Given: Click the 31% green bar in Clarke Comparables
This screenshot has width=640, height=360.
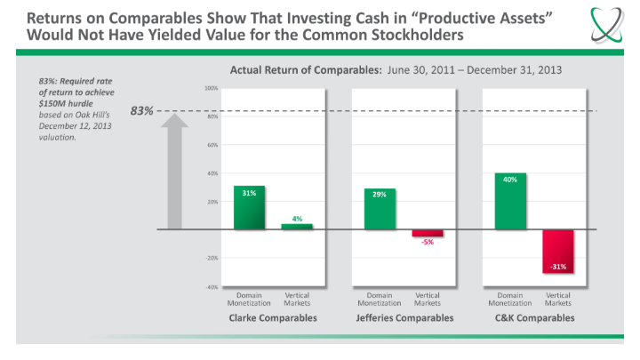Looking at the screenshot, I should [249, 208].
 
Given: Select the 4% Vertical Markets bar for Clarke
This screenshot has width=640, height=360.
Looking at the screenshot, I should [297, 227].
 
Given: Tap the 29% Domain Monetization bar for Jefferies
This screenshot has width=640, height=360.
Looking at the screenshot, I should [380, 209].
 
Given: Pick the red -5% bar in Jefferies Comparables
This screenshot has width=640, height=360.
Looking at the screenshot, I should [428, 233].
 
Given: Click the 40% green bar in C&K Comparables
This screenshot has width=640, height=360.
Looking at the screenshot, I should [510, 201].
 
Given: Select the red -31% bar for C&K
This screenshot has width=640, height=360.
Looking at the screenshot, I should [558, 252].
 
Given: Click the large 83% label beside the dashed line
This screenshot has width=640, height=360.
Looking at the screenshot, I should [141, 111].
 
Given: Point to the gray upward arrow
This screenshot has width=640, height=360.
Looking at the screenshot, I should [175, 169].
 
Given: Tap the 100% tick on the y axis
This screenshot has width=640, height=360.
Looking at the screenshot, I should [211, 89].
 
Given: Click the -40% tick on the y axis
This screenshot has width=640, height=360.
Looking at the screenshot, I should [211, 287].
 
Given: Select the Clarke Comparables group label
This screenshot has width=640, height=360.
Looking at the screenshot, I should [273, 317].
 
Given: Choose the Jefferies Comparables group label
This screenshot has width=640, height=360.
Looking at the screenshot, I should [404, 317].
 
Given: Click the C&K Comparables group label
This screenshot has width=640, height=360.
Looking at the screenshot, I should [534, 317].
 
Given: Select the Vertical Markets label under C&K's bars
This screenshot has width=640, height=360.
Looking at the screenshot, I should [558, 299].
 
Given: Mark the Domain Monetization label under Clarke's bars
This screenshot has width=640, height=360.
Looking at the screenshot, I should [249, 299].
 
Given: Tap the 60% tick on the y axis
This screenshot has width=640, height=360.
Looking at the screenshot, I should [212, 145].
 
